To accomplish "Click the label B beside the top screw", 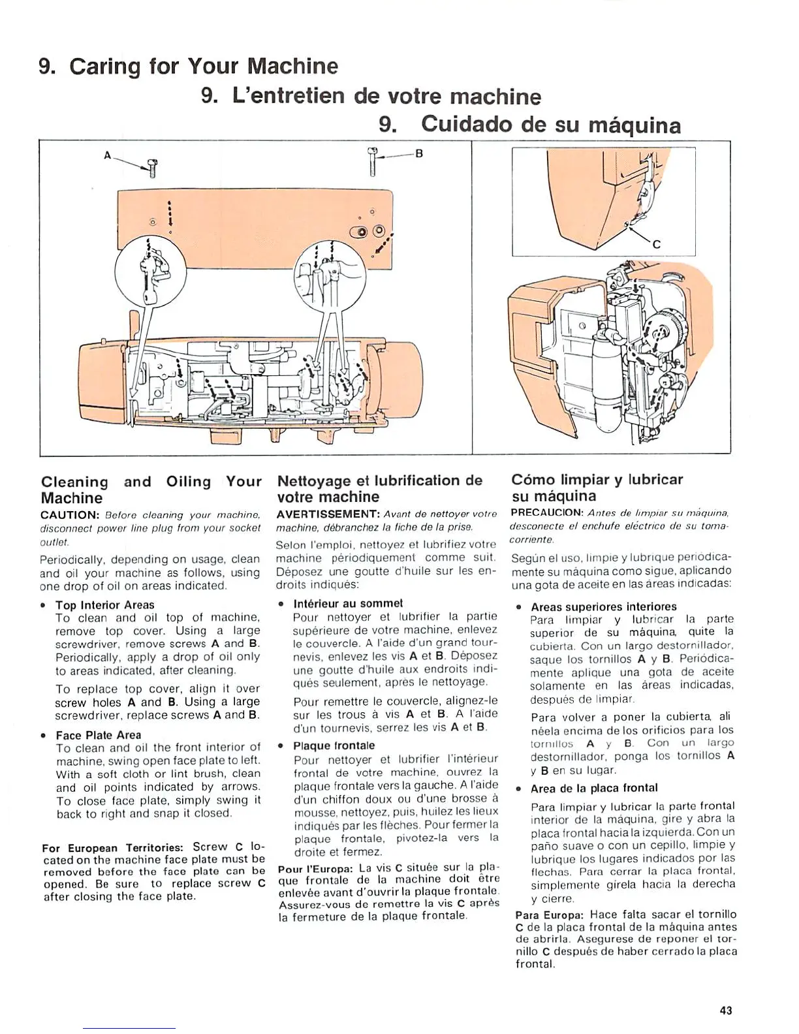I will (420, 154).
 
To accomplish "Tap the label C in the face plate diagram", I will (657, 245).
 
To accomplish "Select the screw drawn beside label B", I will (373, 161).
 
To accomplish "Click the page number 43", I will (725, 1010).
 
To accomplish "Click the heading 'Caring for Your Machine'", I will (189, 66).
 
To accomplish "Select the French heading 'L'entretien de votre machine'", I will (371, 97).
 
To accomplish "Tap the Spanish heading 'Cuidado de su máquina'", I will (529, 125).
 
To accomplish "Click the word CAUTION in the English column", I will (69, 514).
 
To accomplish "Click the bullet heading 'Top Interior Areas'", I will (104, 604).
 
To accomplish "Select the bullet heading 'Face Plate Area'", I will (98, 734).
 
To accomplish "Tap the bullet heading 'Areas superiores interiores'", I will (603, 606).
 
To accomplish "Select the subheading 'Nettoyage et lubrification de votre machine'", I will (379, 488).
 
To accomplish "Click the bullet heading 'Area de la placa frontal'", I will (594, 788).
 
